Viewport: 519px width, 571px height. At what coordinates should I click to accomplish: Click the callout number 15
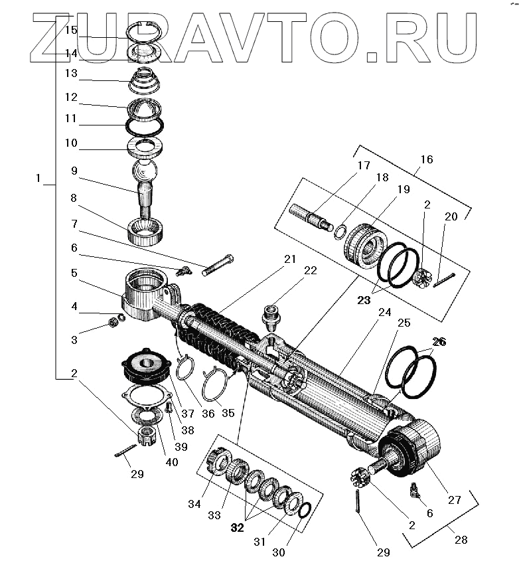(x=71, y=31)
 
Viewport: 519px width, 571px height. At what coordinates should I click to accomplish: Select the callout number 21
(x=289, y=260)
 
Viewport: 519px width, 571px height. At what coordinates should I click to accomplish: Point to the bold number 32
(x=238, y=528)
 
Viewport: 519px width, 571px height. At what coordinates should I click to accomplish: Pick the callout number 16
(x=426, y=159)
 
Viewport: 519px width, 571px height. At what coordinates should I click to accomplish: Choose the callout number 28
(x=461, y=540)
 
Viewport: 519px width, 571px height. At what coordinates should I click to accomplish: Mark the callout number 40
(x=172, y=462)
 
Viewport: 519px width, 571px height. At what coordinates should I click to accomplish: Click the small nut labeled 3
(x=113, y=323)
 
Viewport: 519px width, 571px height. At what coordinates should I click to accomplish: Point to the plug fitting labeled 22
(x=271, y=315)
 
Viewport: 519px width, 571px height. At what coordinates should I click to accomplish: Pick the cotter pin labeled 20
(x=445, y=280)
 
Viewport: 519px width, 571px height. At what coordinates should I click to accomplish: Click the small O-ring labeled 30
(x=304, y=510)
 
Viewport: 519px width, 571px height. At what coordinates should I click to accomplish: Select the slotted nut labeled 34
(x=216, y=459)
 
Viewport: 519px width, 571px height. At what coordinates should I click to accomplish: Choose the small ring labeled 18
(x=338, y=230)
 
